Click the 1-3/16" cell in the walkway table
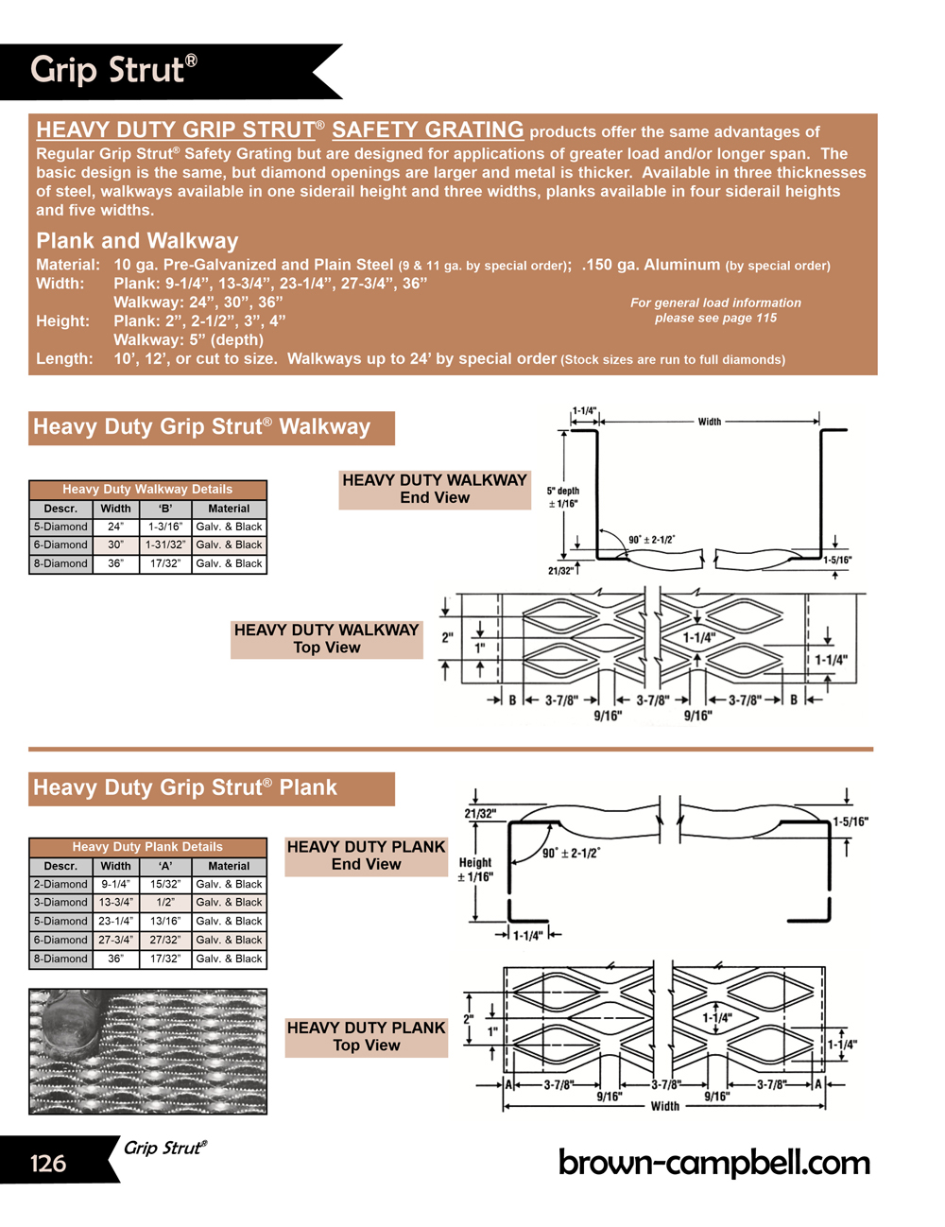point(165,527)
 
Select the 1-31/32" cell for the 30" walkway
point(165,544)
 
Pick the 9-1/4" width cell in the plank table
point(115,884)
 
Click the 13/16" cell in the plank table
point(165,921)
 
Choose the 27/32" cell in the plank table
point(165,940)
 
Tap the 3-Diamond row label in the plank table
point(61,903)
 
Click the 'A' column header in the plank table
point(165,866)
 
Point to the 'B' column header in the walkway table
point(165,509)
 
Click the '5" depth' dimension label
point(563,492)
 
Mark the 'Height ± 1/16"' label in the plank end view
point(475,870)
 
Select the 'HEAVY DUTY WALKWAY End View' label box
point(435,489)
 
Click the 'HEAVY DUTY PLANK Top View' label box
point(367,1036)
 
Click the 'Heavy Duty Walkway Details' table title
point(147,489)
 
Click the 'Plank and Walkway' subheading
point(137,240)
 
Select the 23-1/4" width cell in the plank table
point(115,921)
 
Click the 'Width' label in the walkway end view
point(710,422)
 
